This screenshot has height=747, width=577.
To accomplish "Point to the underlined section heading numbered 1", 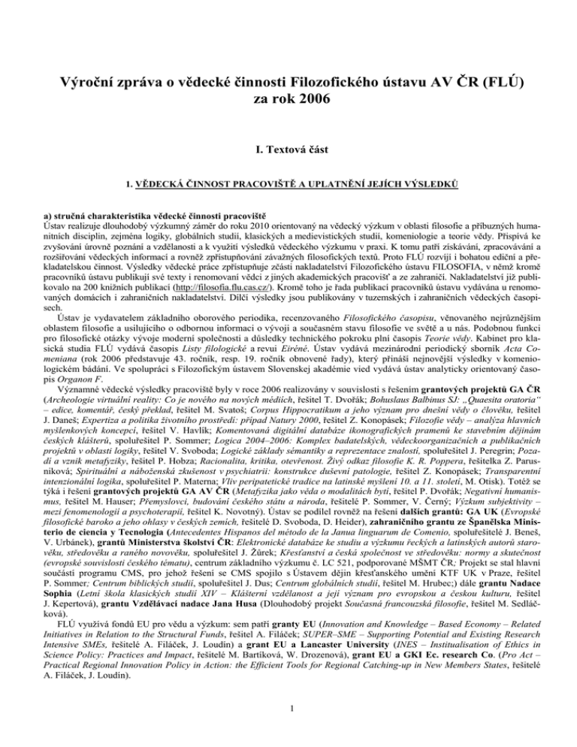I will tap(288, 183).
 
